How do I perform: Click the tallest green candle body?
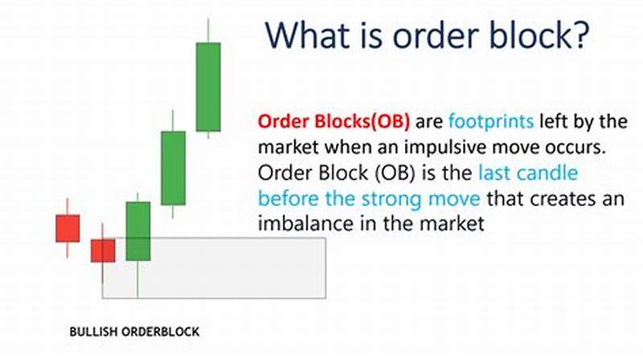coord(209,87)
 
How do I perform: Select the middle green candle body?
coord(173,168)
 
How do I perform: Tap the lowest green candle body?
coord(138,231)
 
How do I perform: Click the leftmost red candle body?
coord(68,227)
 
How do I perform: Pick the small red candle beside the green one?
coord(103,251)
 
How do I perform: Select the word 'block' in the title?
coord(524,36)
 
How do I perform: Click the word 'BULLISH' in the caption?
coord(91,331)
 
